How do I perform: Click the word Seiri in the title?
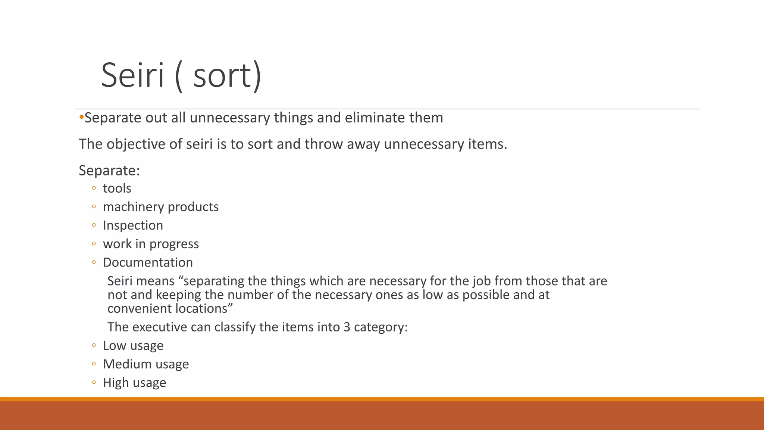[x=132, y=75]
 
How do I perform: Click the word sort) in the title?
[x=228, y=75]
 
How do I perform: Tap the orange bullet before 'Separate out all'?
[x=81, y=118]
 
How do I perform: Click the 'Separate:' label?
[x=109, y=171]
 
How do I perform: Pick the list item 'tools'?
[x=117, y=188]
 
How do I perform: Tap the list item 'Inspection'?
[x=133, y=225]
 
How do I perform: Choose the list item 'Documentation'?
[x=148, y=262]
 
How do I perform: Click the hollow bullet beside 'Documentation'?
[x=94, y=262]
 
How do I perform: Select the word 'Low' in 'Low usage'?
[x=114, y=346]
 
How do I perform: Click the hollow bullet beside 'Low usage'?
[x=94, y=346]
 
